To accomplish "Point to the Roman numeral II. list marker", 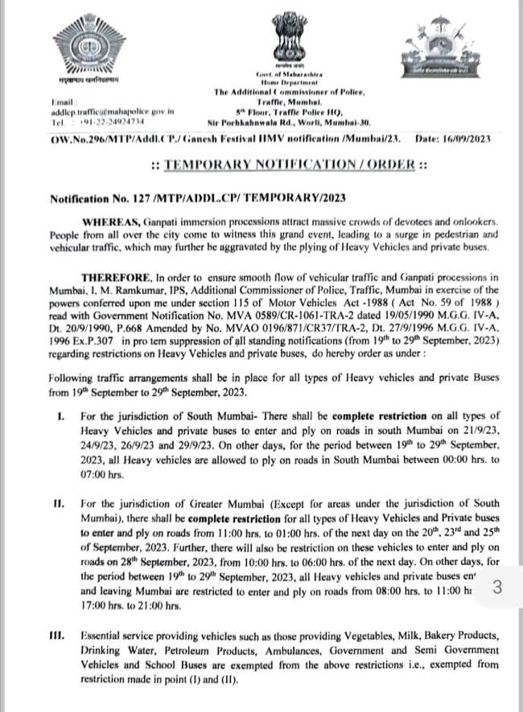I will [58, 503].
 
